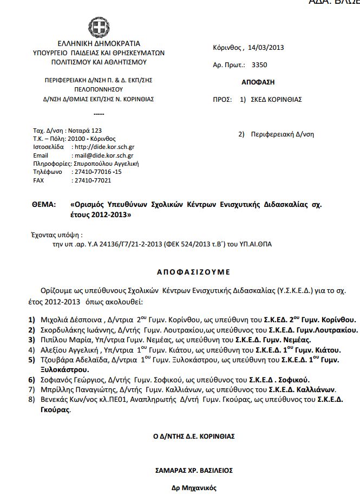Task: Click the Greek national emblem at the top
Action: (99, 27)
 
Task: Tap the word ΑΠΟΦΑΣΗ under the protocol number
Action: (258, 82)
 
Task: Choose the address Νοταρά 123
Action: (84, 131)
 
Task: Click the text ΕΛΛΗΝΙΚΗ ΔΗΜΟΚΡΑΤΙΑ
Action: (99, 44)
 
